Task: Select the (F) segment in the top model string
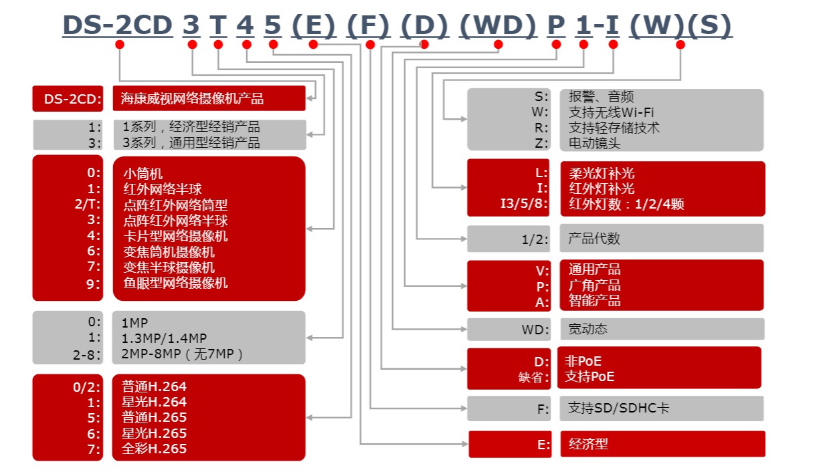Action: coord(368,25)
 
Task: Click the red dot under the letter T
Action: coord(218,45)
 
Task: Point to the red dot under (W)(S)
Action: coord(680,45)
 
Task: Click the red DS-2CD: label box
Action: coord(68,99)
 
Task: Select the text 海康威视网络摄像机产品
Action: coord(193,99)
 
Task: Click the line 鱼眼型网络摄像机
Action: coord(175,283)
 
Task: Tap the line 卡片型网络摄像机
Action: coord(175,236)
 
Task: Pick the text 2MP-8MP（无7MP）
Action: coord(182,354)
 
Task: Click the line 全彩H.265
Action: coord(155,449)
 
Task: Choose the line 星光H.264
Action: coord(155,402)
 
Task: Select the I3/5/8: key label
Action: coord(525,204)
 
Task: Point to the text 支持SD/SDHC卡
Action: coord(618,408)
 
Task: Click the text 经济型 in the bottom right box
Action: coord(588,443)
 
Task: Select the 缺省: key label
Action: coord(533,377)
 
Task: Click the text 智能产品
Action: coord(594,301)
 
